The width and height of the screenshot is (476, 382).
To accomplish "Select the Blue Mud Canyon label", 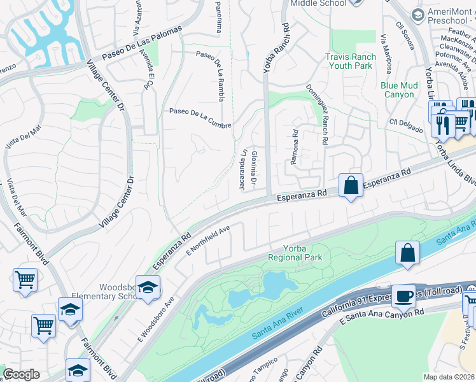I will point(398,90).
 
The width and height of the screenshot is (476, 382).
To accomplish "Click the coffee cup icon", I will point(403,296).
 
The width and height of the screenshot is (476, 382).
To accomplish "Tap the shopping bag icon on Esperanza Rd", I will point(351,186).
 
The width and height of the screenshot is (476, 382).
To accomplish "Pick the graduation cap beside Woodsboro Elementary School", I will point(148,288).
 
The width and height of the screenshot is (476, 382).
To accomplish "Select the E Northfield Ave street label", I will point(207,240).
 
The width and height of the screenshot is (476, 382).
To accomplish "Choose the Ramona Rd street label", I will point(295,148).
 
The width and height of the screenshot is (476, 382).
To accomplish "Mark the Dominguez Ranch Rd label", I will point(317,115).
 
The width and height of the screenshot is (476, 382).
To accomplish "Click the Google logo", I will point(22,374).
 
